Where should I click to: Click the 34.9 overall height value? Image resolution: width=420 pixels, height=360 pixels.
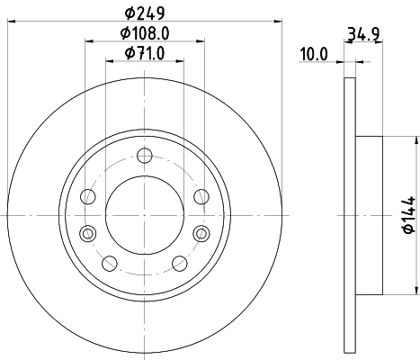pyautogui.click(x=362, y=36)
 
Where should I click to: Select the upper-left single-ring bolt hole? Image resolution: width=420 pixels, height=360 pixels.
pyautogui.click(x=87, y=197)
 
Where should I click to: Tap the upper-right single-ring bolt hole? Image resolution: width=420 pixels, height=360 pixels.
pyautogui.click(x=200, y=197)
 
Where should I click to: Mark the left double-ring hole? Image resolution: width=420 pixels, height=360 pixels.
pyautogui.click(x=87, y=234)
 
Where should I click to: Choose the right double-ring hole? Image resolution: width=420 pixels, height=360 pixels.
pyautogui.click(x=200, y=234)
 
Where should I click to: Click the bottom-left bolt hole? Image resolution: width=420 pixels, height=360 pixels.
pyautogui.click(x=110, y=264)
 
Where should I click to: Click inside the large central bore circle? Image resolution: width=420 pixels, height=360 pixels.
pyautogui.click(x=144, y=216)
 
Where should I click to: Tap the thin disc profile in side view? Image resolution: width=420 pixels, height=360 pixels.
pyautogui.click(x=350, y=108)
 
